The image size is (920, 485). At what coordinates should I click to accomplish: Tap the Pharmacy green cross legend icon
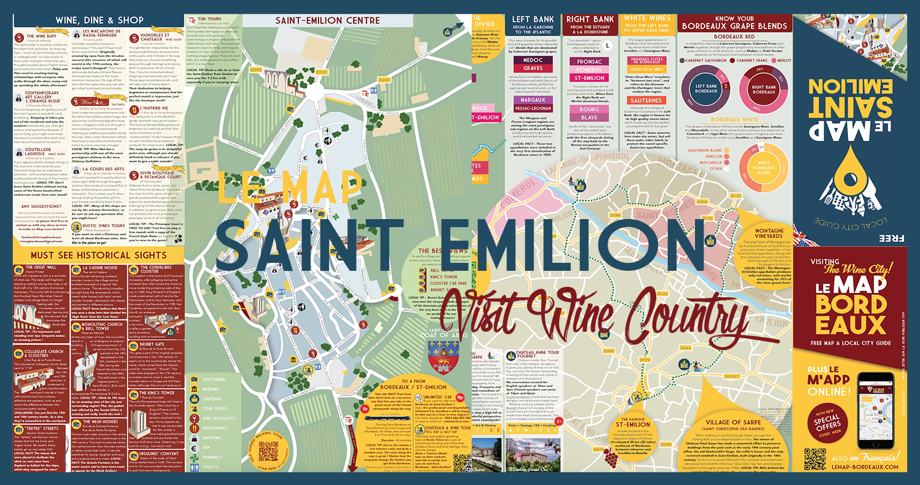pyautogui.click(x=194, y=456)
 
